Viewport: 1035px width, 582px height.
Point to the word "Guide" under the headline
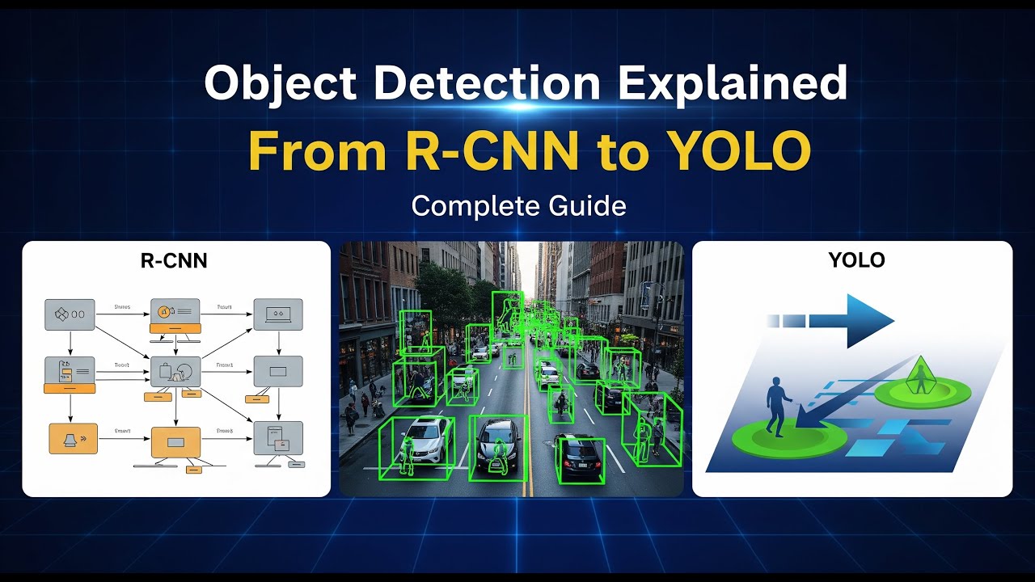point(587,205)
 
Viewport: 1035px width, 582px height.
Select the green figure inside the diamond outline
point(920,377)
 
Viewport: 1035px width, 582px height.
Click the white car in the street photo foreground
point(426,441)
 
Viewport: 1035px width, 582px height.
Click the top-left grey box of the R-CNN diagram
point(68,313)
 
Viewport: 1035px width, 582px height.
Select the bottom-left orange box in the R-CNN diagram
point(73,437)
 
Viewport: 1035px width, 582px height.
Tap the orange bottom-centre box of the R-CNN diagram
point(175,443)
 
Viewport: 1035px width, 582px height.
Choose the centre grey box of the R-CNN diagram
point(175,371)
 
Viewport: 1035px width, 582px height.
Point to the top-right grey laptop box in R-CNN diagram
point(278,313)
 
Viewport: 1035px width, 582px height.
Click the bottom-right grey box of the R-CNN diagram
point(278,437)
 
